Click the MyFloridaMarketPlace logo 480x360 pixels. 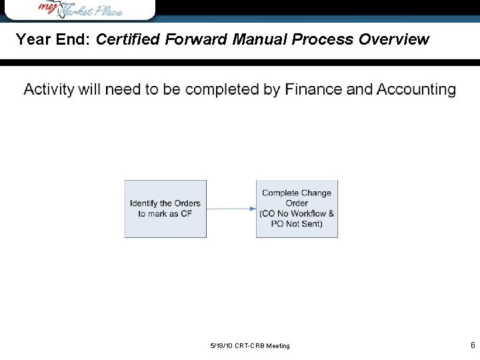tap(79, 9)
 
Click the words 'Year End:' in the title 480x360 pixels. tap(53, 40)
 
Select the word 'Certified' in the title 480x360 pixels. tap(128, 40)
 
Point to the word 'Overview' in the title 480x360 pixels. tap(393, 40)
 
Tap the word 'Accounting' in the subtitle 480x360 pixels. tap(417, 89)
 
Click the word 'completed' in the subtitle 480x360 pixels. tap(222, 89)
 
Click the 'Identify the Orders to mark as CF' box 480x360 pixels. tap(165, 209)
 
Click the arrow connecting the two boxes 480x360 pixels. tap(230, 209)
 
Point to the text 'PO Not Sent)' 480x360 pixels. tap(297, 224)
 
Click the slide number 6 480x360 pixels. tap(473, 345)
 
